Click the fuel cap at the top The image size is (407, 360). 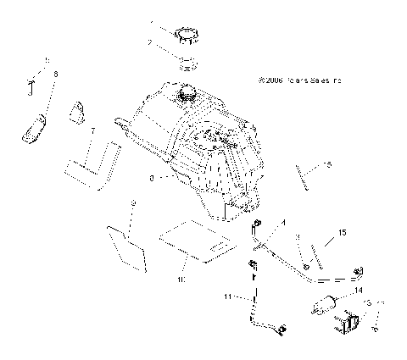(187, 36)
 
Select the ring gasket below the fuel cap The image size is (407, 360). (188, 62)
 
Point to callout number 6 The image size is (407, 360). (55, 76)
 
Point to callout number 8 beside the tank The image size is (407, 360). (151, 179)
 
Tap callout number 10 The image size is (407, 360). (180, 276)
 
